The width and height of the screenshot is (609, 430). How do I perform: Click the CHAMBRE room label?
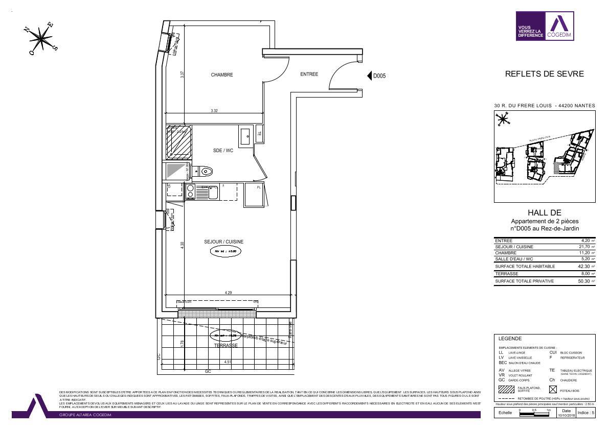point(222,75)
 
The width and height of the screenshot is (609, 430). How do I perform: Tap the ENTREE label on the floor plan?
point(309,75)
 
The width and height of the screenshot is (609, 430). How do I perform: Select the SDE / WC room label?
point(223,151)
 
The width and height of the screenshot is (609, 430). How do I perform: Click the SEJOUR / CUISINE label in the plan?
point(224,242)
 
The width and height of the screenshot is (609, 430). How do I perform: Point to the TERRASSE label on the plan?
point(226,346)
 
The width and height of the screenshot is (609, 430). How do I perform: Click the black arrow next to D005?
point(370,76)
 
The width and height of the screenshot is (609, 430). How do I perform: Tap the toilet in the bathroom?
point(206,171)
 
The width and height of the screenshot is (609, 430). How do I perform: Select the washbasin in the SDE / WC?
point(244,136)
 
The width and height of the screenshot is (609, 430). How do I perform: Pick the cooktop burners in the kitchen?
point(190,192)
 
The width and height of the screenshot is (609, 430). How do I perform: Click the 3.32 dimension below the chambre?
point(214,110)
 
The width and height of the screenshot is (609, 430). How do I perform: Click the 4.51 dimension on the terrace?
point(227,362)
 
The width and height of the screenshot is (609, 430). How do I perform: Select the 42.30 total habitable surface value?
point(583,267)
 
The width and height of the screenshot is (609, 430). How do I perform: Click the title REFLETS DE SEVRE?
point(544,74)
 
